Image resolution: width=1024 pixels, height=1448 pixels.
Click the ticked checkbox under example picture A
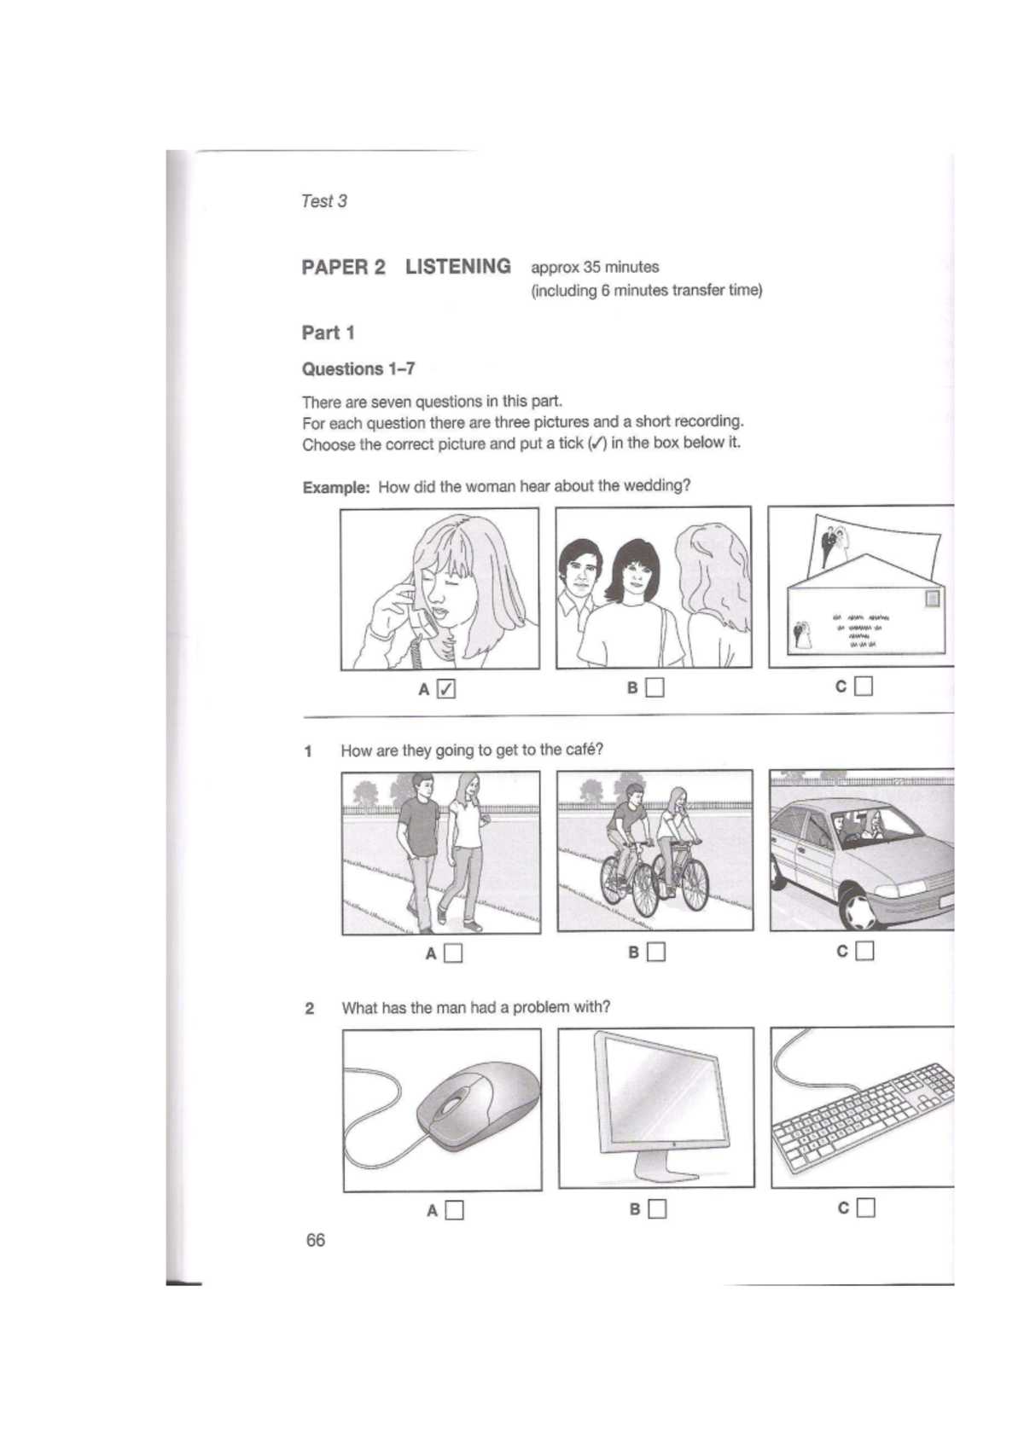(x=446, y=688)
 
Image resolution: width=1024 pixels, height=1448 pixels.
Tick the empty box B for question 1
(x=656, y=952)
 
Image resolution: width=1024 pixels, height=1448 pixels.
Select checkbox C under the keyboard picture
(x=865, y=1208)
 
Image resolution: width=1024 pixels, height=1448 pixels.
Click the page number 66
(x=315, y=1240)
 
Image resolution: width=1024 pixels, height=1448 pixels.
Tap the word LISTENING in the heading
(x=458, y=267)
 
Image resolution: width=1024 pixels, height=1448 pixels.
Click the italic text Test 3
(x=323, y=201)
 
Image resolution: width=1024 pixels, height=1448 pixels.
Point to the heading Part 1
(x=328, y=333)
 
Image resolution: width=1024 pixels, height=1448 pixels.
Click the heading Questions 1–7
(x=358, y=369)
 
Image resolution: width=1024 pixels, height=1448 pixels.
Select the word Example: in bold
(x=336, y=488)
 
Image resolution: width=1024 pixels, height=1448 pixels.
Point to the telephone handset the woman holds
(x=420, y=618)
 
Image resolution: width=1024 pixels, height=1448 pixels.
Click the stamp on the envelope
(x=933, y=599)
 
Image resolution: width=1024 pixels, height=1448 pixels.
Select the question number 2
(x=310, y=1009)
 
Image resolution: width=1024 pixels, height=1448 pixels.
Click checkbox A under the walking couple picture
(x=453, y=953)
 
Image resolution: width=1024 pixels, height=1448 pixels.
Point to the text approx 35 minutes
(x=595, y=267)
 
